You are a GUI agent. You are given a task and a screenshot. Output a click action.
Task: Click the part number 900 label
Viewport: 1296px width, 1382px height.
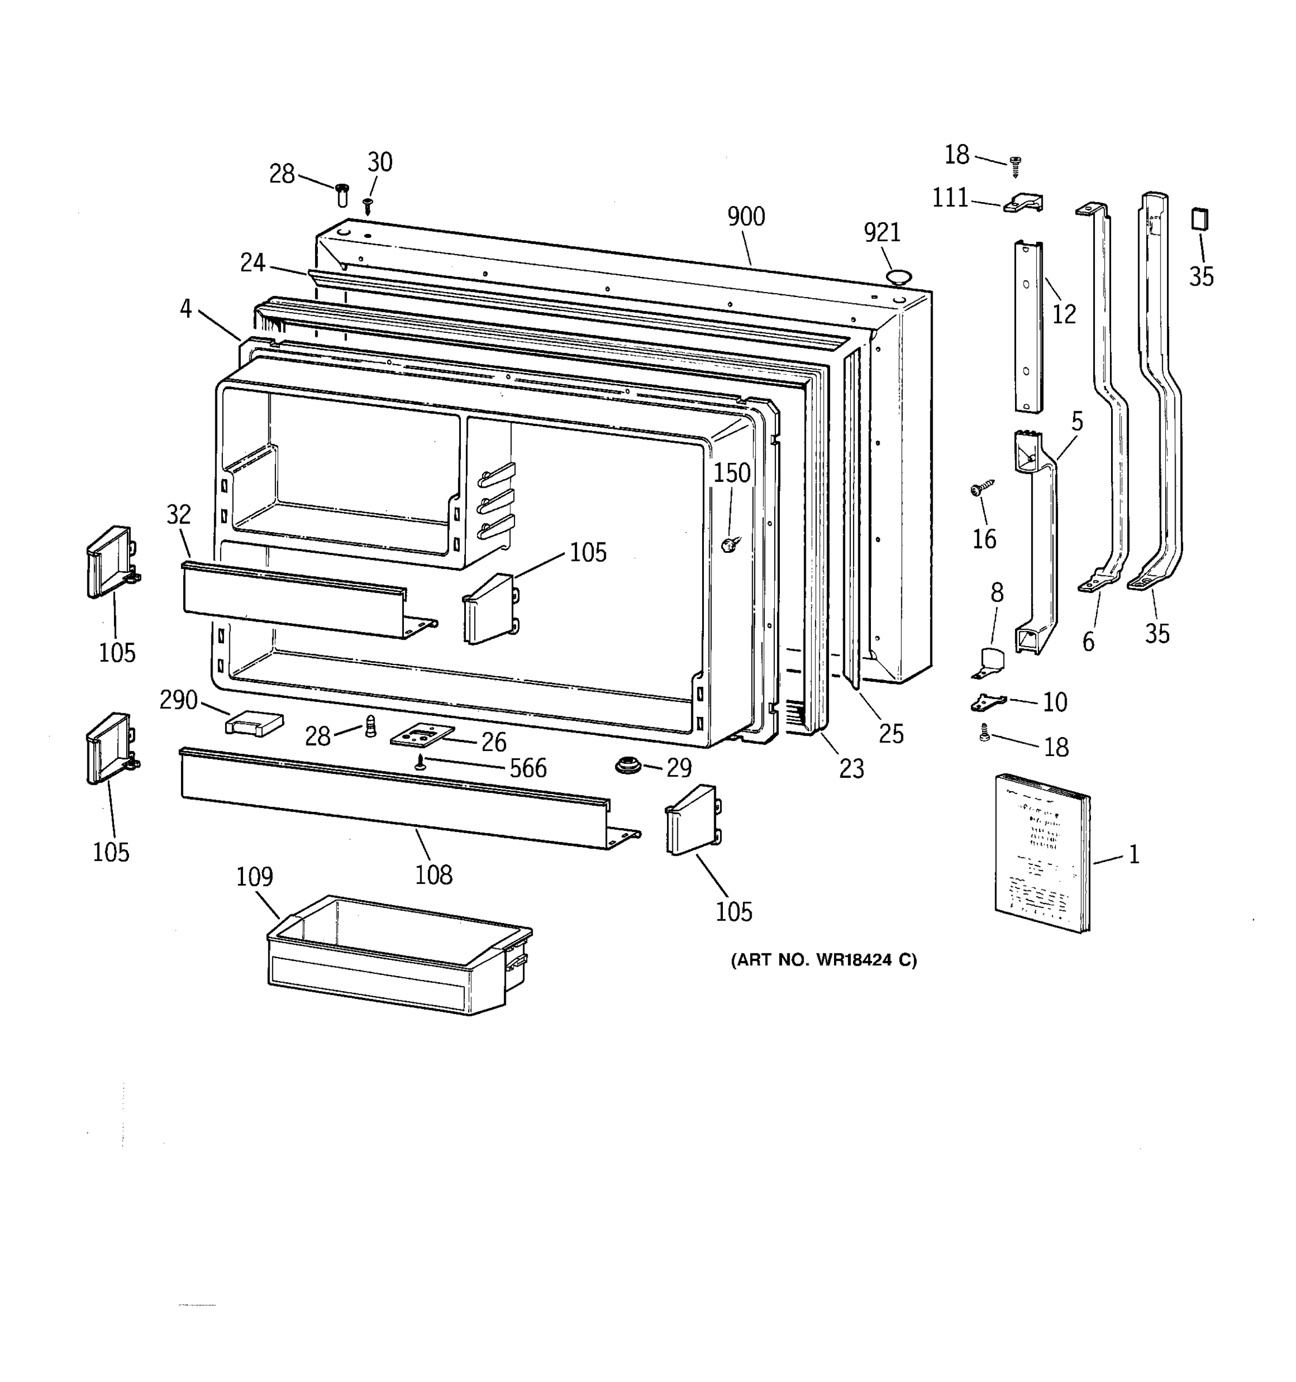coord(745,217)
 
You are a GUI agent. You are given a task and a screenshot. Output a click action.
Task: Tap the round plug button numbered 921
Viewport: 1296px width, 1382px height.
coord(897,278)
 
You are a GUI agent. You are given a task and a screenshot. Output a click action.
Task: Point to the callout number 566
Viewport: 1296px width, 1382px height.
coord(528,768)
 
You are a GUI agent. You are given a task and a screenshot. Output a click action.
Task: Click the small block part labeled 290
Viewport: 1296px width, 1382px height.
coord(254,723)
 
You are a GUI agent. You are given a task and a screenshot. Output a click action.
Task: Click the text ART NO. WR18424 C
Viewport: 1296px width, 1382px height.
coord(823,960)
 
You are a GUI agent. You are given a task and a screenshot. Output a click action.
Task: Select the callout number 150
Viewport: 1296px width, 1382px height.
coord(732,473)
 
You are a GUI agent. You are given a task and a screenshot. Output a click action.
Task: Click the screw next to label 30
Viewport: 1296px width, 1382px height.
coord(369,204)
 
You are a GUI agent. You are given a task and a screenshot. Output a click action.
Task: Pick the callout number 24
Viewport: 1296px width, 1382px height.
coord(252,263)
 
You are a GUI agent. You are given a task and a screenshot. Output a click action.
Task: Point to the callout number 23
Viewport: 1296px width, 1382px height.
coord(851,768)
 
